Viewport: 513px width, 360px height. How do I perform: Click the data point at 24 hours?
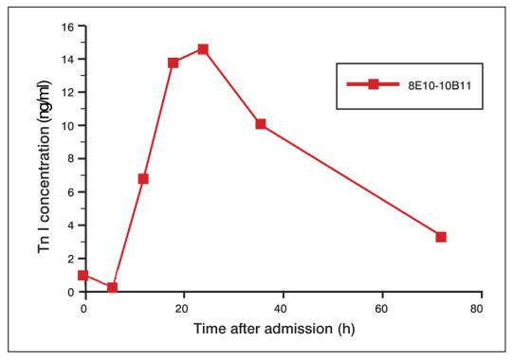point(203,48)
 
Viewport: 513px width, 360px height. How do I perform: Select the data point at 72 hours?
point(441,237)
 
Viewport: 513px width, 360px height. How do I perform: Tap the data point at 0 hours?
point(83,276)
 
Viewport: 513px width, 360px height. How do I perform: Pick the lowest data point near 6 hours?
point(113,288)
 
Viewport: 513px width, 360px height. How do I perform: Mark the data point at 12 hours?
point(143,178)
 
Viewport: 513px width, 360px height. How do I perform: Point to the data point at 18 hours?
point(174,63)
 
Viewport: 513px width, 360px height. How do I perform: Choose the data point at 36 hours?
point(261,124)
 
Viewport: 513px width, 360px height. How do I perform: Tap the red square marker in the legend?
point(374,84)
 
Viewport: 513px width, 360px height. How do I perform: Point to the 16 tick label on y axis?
point(67,26)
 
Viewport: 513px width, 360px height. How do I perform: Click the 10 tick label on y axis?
point(67,125)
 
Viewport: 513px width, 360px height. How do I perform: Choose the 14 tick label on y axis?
point(67,59)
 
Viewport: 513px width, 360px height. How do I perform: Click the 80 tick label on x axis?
point(481,309)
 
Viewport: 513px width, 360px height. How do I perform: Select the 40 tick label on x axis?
point(282,309)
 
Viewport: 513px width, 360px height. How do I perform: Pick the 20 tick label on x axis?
point(183,309)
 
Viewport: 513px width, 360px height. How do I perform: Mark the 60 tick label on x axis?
point(381,309)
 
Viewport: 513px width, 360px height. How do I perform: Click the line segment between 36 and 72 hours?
point(351,181)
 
